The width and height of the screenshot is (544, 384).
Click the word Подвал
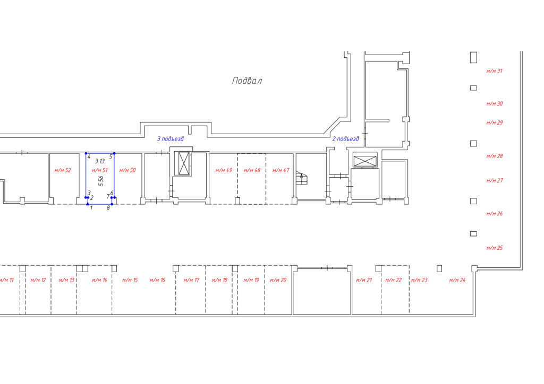coord(246,81)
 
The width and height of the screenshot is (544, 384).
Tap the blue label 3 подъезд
coord(171,139)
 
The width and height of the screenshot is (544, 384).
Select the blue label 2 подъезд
coord(345,139)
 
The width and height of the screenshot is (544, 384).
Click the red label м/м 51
coord(99,170)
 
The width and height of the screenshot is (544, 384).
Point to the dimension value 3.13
coord(99,161)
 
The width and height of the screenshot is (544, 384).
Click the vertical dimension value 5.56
coord(101,181)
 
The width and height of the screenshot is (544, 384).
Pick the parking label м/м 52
coord(63,170)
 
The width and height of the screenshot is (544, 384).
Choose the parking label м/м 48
coord(252,170)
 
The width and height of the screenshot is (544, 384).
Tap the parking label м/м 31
coord(495,71)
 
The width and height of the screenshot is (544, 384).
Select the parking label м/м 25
coord(495,248)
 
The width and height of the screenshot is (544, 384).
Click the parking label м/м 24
coord(457,280)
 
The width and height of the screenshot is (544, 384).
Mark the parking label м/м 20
coord(278,280)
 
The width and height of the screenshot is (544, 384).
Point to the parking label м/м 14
coord(99,280)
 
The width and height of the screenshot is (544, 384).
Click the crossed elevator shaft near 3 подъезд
coord(184,163)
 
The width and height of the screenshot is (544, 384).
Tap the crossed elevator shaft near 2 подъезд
coord(364,161)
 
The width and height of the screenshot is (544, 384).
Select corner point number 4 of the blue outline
coord(86,153)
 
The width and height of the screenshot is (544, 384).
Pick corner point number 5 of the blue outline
coord(114,153)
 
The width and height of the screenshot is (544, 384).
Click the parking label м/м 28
coord(495,156)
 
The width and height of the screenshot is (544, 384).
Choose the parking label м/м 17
coord(191,280)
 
